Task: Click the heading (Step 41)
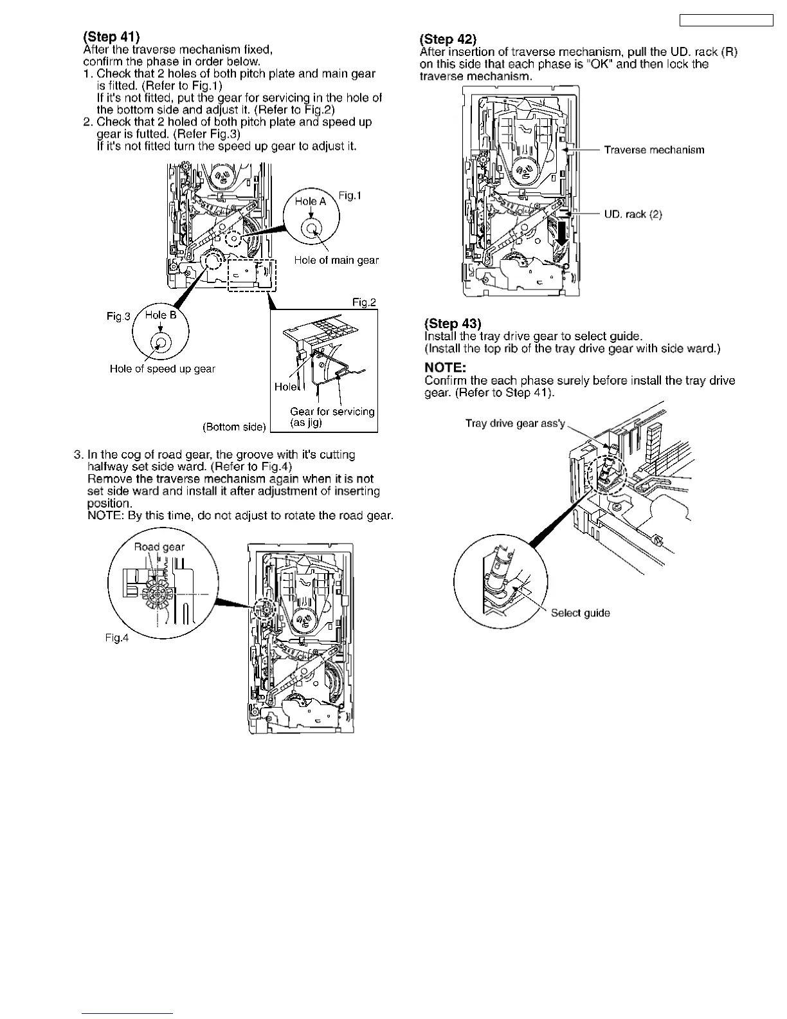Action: [x=111, y=37]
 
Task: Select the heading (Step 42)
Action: [x=448, y=39]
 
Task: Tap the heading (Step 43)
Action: [x=453, y=323]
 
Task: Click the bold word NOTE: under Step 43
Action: [x=445, y=367]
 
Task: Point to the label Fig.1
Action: [x=350, y=196]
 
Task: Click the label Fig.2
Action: [x=364, y=302]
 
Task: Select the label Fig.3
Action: [x=118, y=316]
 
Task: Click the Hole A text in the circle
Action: [x=311, y=201]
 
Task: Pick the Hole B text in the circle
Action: [x=161, y=315]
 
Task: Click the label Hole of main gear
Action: [x=336, y=260]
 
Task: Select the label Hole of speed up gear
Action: [x=162, y=369]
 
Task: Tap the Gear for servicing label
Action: [x=332, y=412]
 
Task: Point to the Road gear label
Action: [x=159, y=547]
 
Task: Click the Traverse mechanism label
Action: [x=654, y=150]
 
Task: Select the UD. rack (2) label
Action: [x=633, y=214]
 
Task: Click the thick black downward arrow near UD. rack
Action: [x=563, y=234]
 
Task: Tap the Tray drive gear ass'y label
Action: [x=515, y=423]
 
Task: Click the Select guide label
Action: [x=580, y=613]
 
